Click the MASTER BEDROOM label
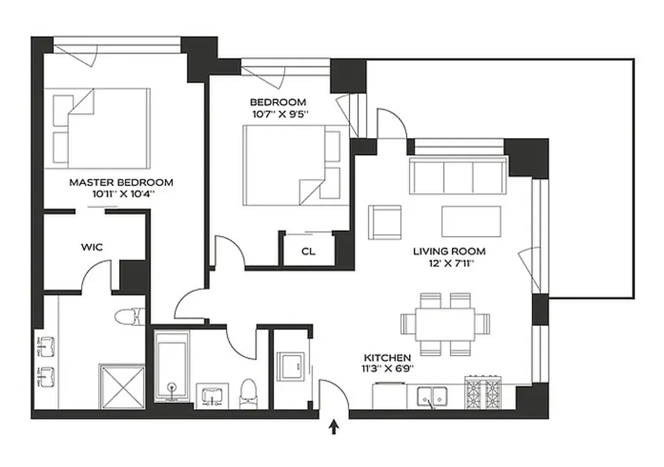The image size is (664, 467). coord(121,182)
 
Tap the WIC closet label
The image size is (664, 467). coord(92,247)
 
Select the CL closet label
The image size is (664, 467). coord(309,252)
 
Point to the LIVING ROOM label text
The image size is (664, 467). coord(449,252)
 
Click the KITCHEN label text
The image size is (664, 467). coord(387,357)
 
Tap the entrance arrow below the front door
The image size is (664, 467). coord(334,429)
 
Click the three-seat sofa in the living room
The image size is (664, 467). coord(458,176)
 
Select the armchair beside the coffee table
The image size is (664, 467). coord(384,222)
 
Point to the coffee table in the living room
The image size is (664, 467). coord(471,221)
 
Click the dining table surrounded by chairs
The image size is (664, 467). coord(445,324)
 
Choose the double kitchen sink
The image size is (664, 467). coord(433,397)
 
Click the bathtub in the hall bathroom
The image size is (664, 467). coord(171,366)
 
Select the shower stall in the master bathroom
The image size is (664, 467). coord(122,386)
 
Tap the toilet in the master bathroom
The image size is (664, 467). coord(129,317)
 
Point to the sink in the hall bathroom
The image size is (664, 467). coord(211,395)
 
